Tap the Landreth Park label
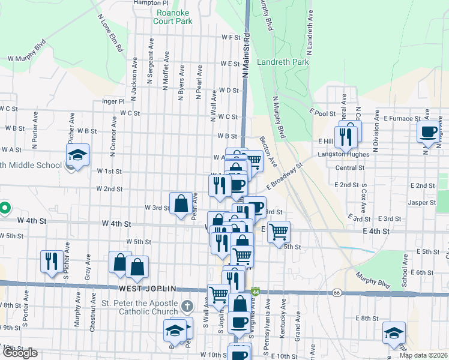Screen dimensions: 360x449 tap(283, 62)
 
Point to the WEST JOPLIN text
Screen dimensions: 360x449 tap(142, 289)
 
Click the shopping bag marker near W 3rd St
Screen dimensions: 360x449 tap(181, 203)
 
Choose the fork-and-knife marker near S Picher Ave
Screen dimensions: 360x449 tap(50, 261)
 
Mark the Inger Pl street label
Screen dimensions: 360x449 tap(113, 101)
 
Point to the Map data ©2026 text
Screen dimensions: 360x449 tap(423, 355)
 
